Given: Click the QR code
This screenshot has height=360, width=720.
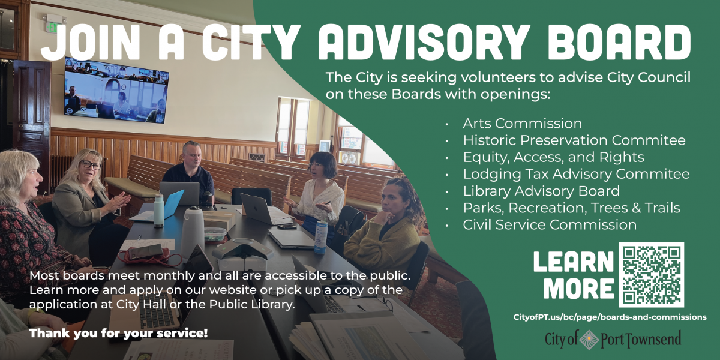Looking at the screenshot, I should pos(651,274).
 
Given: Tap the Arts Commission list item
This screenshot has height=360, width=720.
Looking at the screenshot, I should pos(522,124).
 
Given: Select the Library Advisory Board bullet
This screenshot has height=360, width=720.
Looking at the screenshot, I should pos(541,191).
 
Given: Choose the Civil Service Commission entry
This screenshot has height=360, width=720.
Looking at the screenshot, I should pos(549,225).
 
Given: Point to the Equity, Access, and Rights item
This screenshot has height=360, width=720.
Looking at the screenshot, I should pos(553,157).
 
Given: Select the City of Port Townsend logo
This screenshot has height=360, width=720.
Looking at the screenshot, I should pos(613,339).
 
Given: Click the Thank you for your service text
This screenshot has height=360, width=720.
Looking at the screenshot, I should pos(119,332).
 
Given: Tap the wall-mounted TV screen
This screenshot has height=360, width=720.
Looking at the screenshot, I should pos(116,90).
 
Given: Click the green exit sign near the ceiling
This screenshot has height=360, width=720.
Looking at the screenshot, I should pos(53,27).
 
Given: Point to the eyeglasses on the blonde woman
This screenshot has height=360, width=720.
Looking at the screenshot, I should pos(91,164).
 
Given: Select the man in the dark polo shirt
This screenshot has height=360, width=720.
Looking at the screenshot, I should pos(189,171).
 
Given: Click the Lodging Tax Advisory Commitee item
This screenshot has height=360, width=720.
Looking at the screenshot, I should pos(576,175).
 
